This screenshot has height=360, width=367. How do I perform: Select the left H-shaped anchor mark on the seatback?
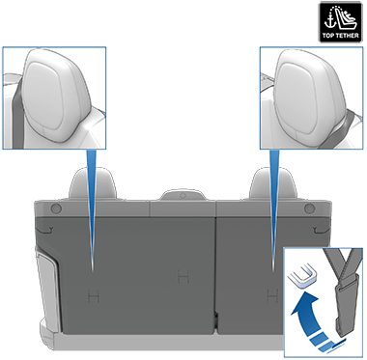(x=92, y=293)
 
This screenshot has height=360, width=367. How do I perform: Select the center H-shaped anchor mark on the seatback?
(x=180, y=279)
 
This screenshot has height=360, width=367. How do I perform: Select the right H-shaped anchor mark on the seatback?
(x=267, y=293)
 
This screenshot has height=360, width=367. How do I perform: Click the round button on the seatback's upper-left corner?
(x=54, y=208)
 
